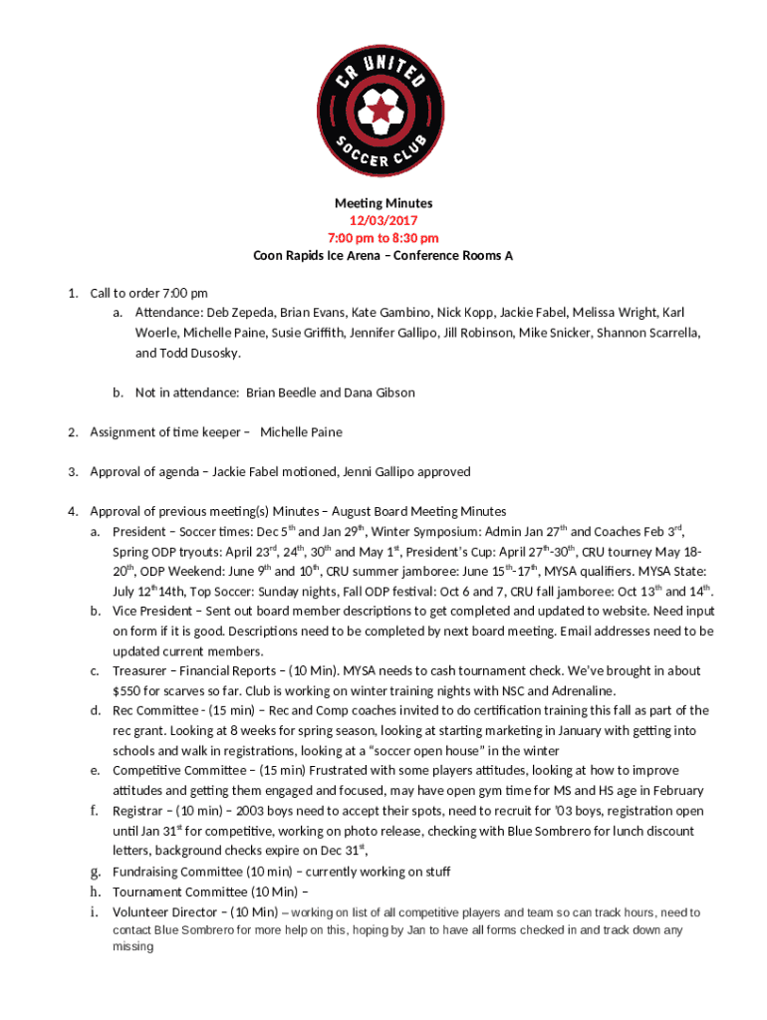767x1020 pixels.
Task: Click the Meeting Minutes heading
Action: (x=383, y=203)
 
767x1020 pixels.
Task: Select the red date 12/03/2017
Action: (x=383, y=221)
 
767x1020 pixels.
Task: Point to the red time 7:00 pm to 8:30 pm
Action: (x=383, y=238)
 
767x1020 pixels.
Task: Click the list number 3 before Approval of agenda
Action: (x=73, y=472)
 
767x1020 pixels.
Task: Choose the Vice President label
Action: (x=150, y=612)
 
